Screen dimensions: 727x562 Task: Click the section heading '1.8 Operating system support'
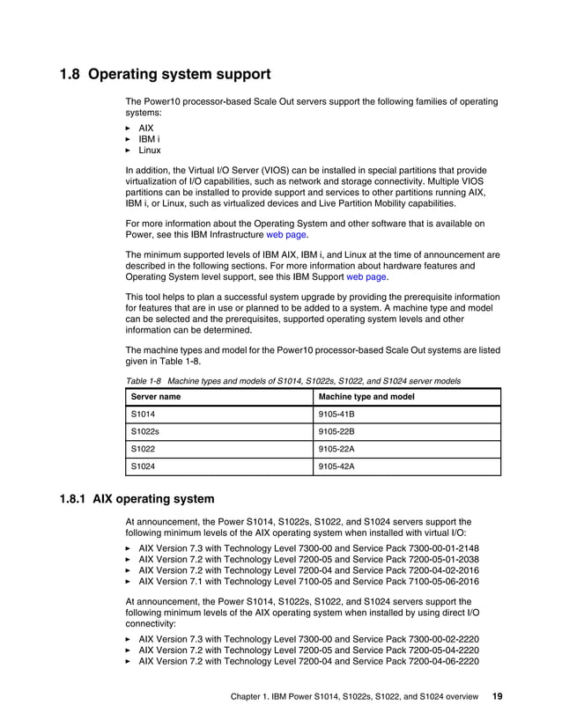point(165,74)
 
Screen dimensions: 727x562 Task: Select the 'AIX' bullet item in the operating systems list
point(146,128)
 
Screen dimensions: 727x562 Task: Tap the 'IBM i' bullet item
point(149,139)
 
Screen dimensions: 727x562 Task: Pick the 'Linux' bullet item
point(150,151)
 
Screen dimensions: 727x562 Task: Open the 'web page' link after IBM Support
point(366,276)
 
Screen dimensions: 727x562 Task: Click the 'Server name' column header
point(156,398)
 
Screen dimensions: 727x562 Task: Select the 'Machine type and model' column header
point(366,398)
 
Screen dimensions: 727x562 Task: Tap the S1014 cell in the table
point(142,415)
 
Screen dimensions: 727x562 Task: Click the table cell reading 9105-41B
point(336,415)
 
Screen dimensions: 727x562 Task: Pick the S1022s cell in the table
point(144,432)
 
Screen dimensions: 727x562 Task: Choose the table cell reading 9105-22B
point(336,432)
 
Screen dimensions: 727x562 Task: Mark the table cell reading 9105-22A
point(336,449)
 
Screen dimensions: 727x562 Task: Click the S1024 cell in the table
point(142,466)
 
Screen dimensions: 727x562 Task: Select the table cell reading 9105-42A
point(336,466)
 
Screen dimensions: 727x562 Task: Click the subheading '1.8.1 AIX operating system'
point(137,499)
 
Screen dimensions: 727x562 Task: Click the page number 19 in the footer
point(497,695)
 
